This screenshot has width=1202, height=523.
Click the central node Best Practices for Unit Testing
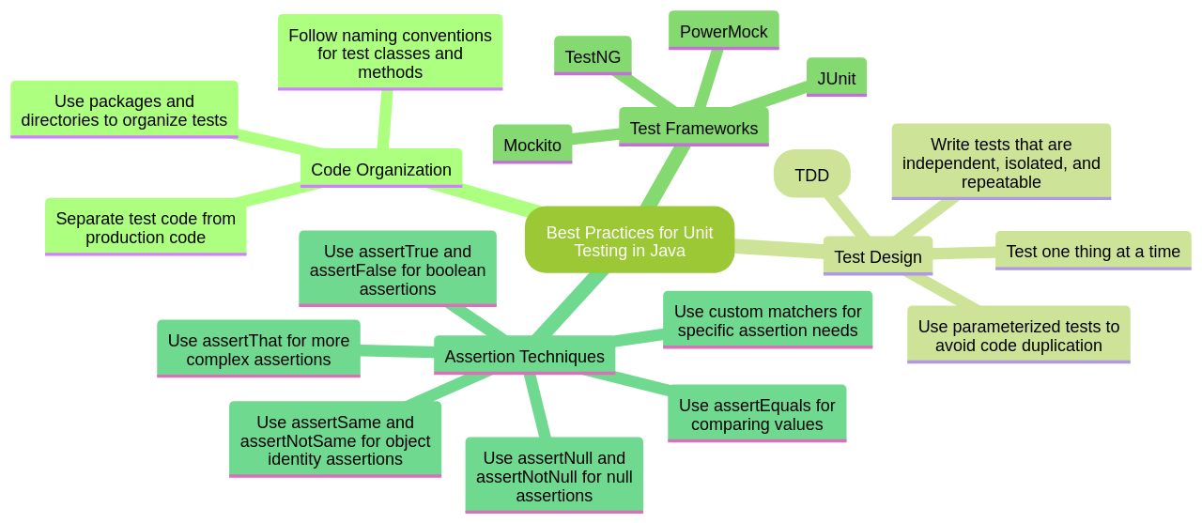coord(629,240)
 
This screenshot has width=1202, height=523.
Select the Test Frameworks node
coord(693,128)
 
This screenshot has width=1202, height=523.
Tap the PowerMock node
coord(723,31)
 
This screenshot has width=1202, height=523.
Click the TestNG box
coord(593,56)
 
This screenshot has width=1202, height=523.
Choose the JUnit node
coord(836,78)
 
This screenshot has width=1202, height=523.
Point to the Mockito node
coord(532,145)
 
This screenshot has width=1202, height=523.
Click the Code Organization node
coord(380,169)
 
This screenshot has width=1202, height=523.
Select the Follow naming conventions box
coord(390,53)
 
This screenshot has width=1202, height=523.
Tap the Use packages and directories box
coord(124,110)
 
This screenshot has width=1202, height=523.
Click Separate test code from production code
coord(146,227)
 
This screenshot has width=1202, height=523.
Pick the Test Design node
coord(877,256)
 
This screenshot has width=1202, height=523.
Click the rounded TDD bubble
coord(811,175)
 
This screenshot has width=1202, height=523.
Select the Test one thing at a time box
coord(1092,251)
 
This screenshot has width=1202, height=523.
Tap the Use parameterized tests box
coord(1018,335)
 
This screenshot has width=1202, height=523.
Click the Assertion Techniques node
coord(524,356)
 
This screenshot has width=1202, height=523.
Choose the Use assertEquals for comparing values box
coord(757,414)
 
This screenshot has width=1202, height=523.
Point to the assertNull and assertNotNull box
coord(554,476)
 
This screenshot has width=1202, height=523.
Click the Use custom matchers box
coord(767,320)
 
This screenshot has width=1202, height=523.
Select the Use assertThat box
coord(258,349)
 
